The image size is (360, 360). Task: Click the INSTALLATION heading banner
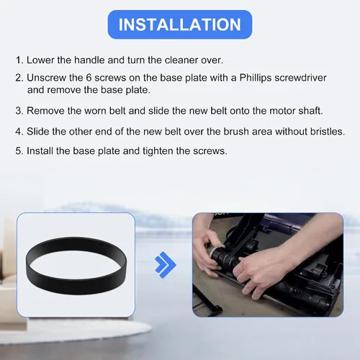(x=180, y=24)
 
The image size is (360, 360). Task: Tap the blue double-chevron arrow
(x=166, y=265)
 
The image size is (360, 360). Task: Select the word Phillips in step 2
(x=256, y=78)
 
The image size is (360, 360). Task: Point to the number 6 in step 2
(x=89, y=78)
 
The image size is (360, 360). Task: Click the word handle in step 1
(x=89, y=60)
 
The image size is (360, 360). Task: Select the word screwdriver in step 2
(x=300, y=78)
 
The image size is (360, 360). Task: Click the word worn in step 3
(x=95, y=111)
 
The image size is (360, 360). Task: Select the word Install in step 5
(x=40, y=151)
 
